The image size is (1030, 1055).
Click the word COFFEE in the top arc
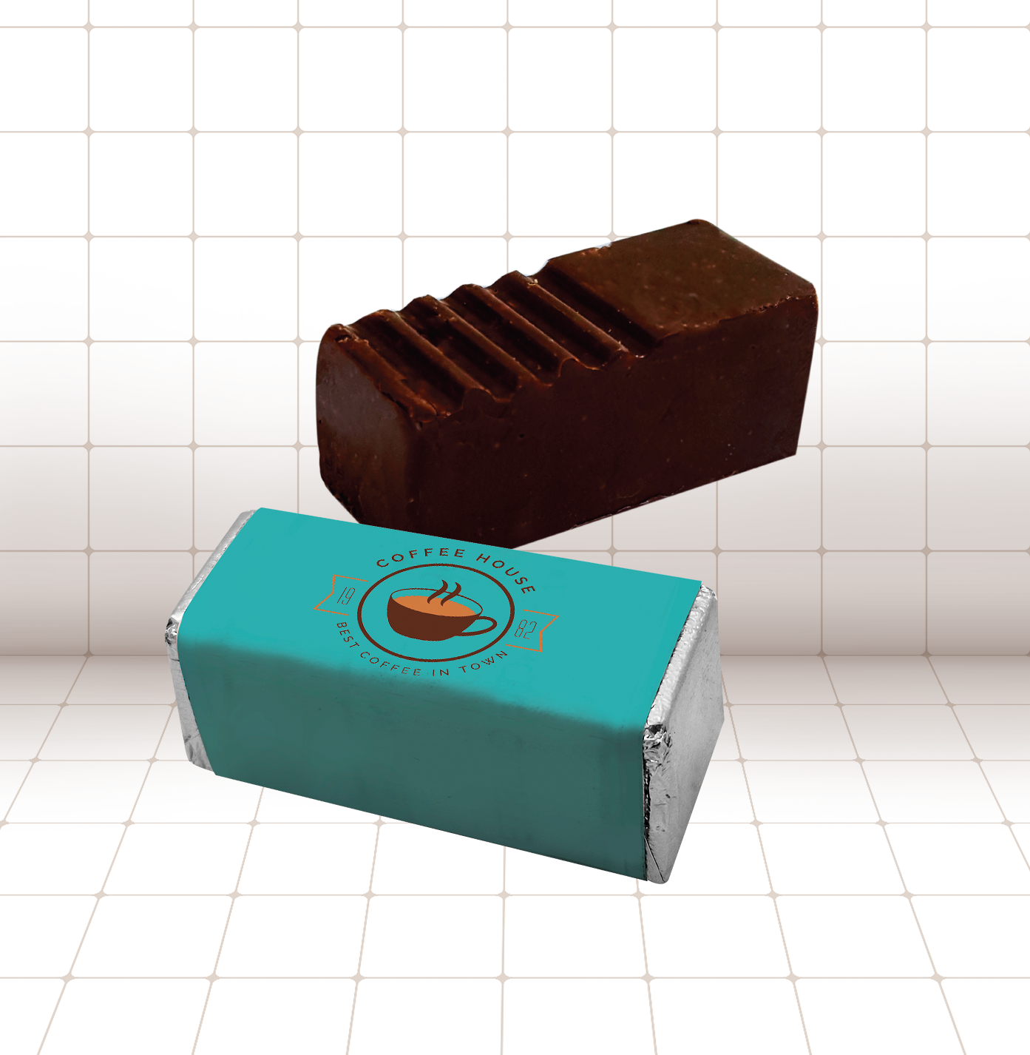421,557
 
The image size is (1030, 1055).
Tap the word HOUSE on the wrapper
506,571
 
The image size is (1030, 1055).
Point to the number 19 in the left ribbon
345,597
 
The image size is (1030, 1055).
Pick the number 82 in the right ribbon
524,629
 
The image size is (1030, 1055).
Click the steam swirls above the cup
444,593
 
